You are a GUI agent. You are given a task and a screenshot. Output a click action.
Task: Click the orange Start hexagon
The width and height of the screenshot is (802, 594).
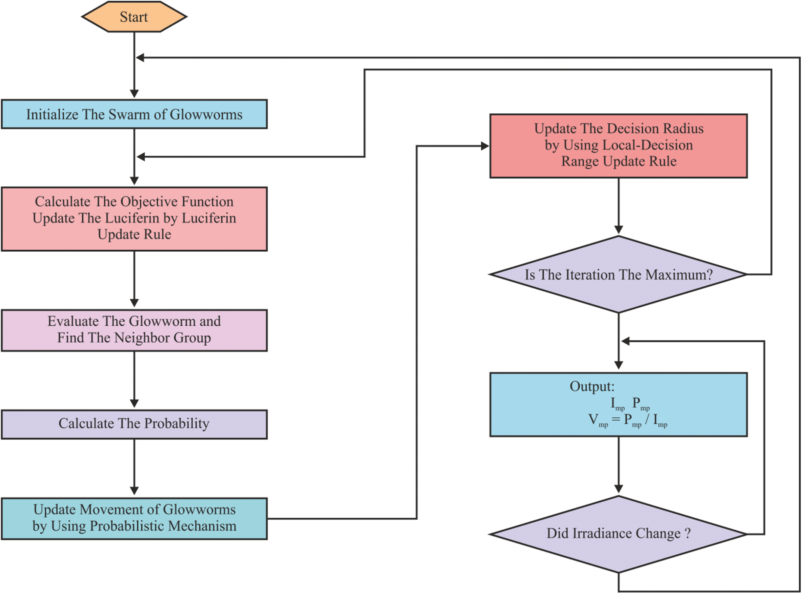click(x=134, y=17)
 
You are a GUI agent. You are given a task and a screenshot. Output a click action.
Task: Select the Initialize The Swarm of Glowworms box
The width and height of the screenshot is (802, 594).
click(x=134, y=114)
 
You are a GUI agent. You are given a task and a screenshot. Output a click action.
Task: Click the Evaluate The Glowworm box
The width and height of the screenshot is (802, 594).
click(x=134, y=330)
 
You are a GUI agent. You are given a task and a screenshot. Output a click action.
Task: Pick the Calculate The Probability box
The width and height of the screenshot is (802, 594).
click(x=134, y=424)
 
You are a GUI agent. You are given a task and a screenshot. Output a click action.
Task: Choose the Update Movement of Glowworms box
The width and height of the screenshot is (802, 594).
click(x=134, y=518)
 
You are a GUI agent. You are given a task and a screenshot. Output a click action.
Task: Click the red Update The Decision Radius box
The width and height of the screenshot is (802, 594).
click(x=618, y=146)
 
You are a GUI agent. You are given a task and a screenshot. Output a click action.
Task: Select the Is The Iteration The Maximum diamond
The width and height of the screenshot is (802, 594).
click(x=618, y=274)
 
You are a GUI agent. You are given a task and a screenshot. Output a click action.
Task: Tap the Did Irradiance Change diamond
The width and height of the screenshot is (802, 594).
click(x=618, y=534)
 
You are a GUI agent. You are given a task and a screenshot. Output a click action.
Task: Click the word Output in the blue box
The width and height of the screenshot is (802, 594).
click(x=592, y=386)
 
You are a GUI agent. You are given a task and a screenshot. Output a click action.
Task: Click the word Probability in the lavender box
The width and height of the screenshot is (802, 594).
click(x=177, y=423)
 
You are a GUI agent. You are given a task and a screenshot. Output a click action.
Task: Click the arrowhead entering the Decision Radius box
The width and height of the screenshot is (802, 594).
click(x=485, y=146)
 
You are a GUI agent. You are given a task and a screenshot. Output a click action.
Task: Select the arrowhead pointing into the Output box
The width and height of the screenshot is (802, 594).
click(x=618, y=365)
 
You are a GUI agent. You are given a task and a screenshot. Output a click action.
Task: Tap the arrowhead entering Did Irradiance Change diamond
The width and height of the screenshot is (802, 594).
click(x=618, y=489)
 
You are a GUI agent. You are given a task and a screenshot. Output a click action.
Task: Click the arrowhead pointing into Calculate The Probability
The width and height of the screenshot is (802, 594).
click(x=134, y=403)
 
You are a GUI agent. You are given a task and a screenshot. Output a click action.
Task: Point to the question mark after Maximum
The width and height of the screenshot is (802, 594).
click(x=709, y=275)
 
